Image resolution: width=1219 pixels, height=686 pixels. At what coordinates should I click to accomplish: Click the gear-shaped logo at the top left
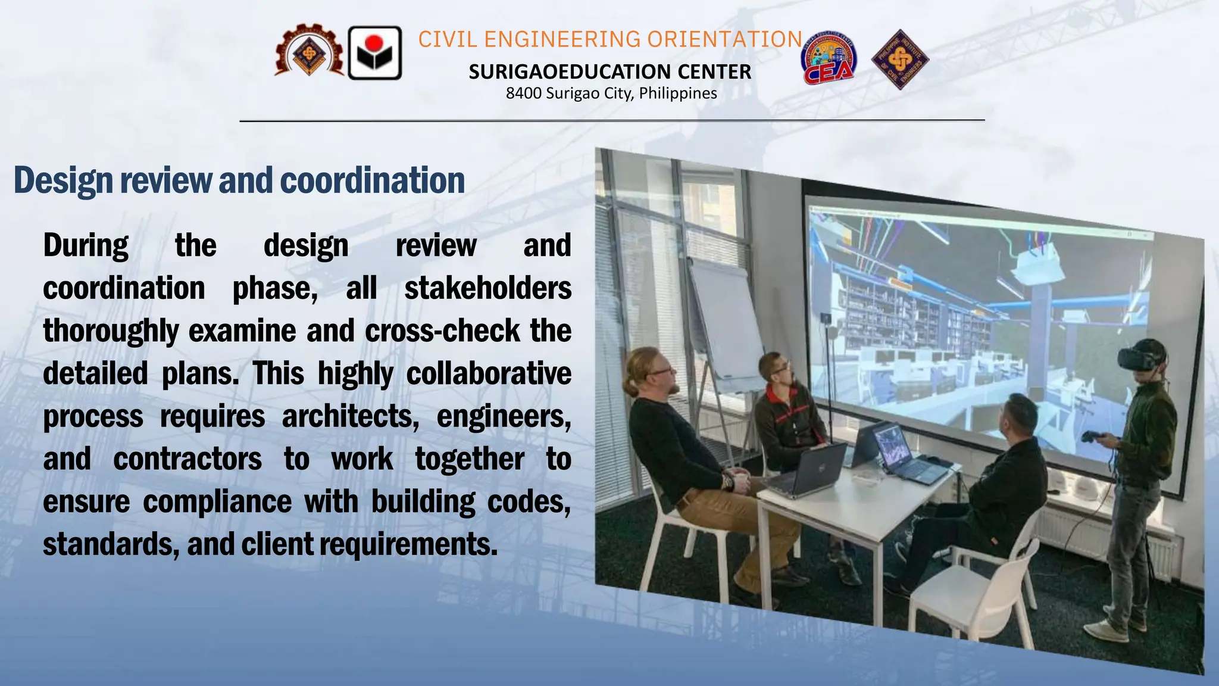click(x=309, y=52)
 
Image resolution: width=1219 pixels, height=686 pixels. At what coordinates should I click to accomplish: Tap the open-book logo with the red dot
click(x=374, y=53)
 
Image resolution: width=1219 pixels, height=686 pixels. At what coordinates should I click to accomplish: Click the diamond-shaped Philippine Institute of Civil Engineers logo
click(x=900, y=60)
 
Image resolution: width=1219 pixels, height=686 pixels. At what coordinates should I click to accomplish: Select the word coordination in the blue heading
click(x=372, y=180)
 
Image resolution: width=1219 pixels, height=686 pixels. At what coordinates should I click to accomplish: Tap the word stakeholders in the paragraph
click(x=487, y=288)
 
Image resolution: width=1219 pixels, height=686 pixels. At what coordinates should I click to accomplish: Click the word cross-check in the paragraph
click(x=442, y=331)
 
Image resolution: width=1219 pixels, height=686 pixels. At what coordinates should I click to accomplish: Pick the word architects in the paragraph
click(x=350, y=416)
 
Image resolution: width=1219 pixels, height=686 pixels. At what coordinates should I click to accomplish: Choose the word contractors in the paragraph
click(x=187, y=459)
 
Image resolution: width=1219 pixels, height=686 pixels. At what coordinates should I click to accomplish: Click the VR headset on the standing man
click(x=1140, y=358)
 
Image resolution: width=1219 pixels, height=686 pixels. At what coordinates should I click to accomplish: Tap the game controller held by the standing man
click(x=1092, y=437)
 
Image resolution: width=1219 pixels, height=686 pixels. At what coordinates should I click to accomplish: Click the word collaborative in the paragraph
click(x=488, y=374)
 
